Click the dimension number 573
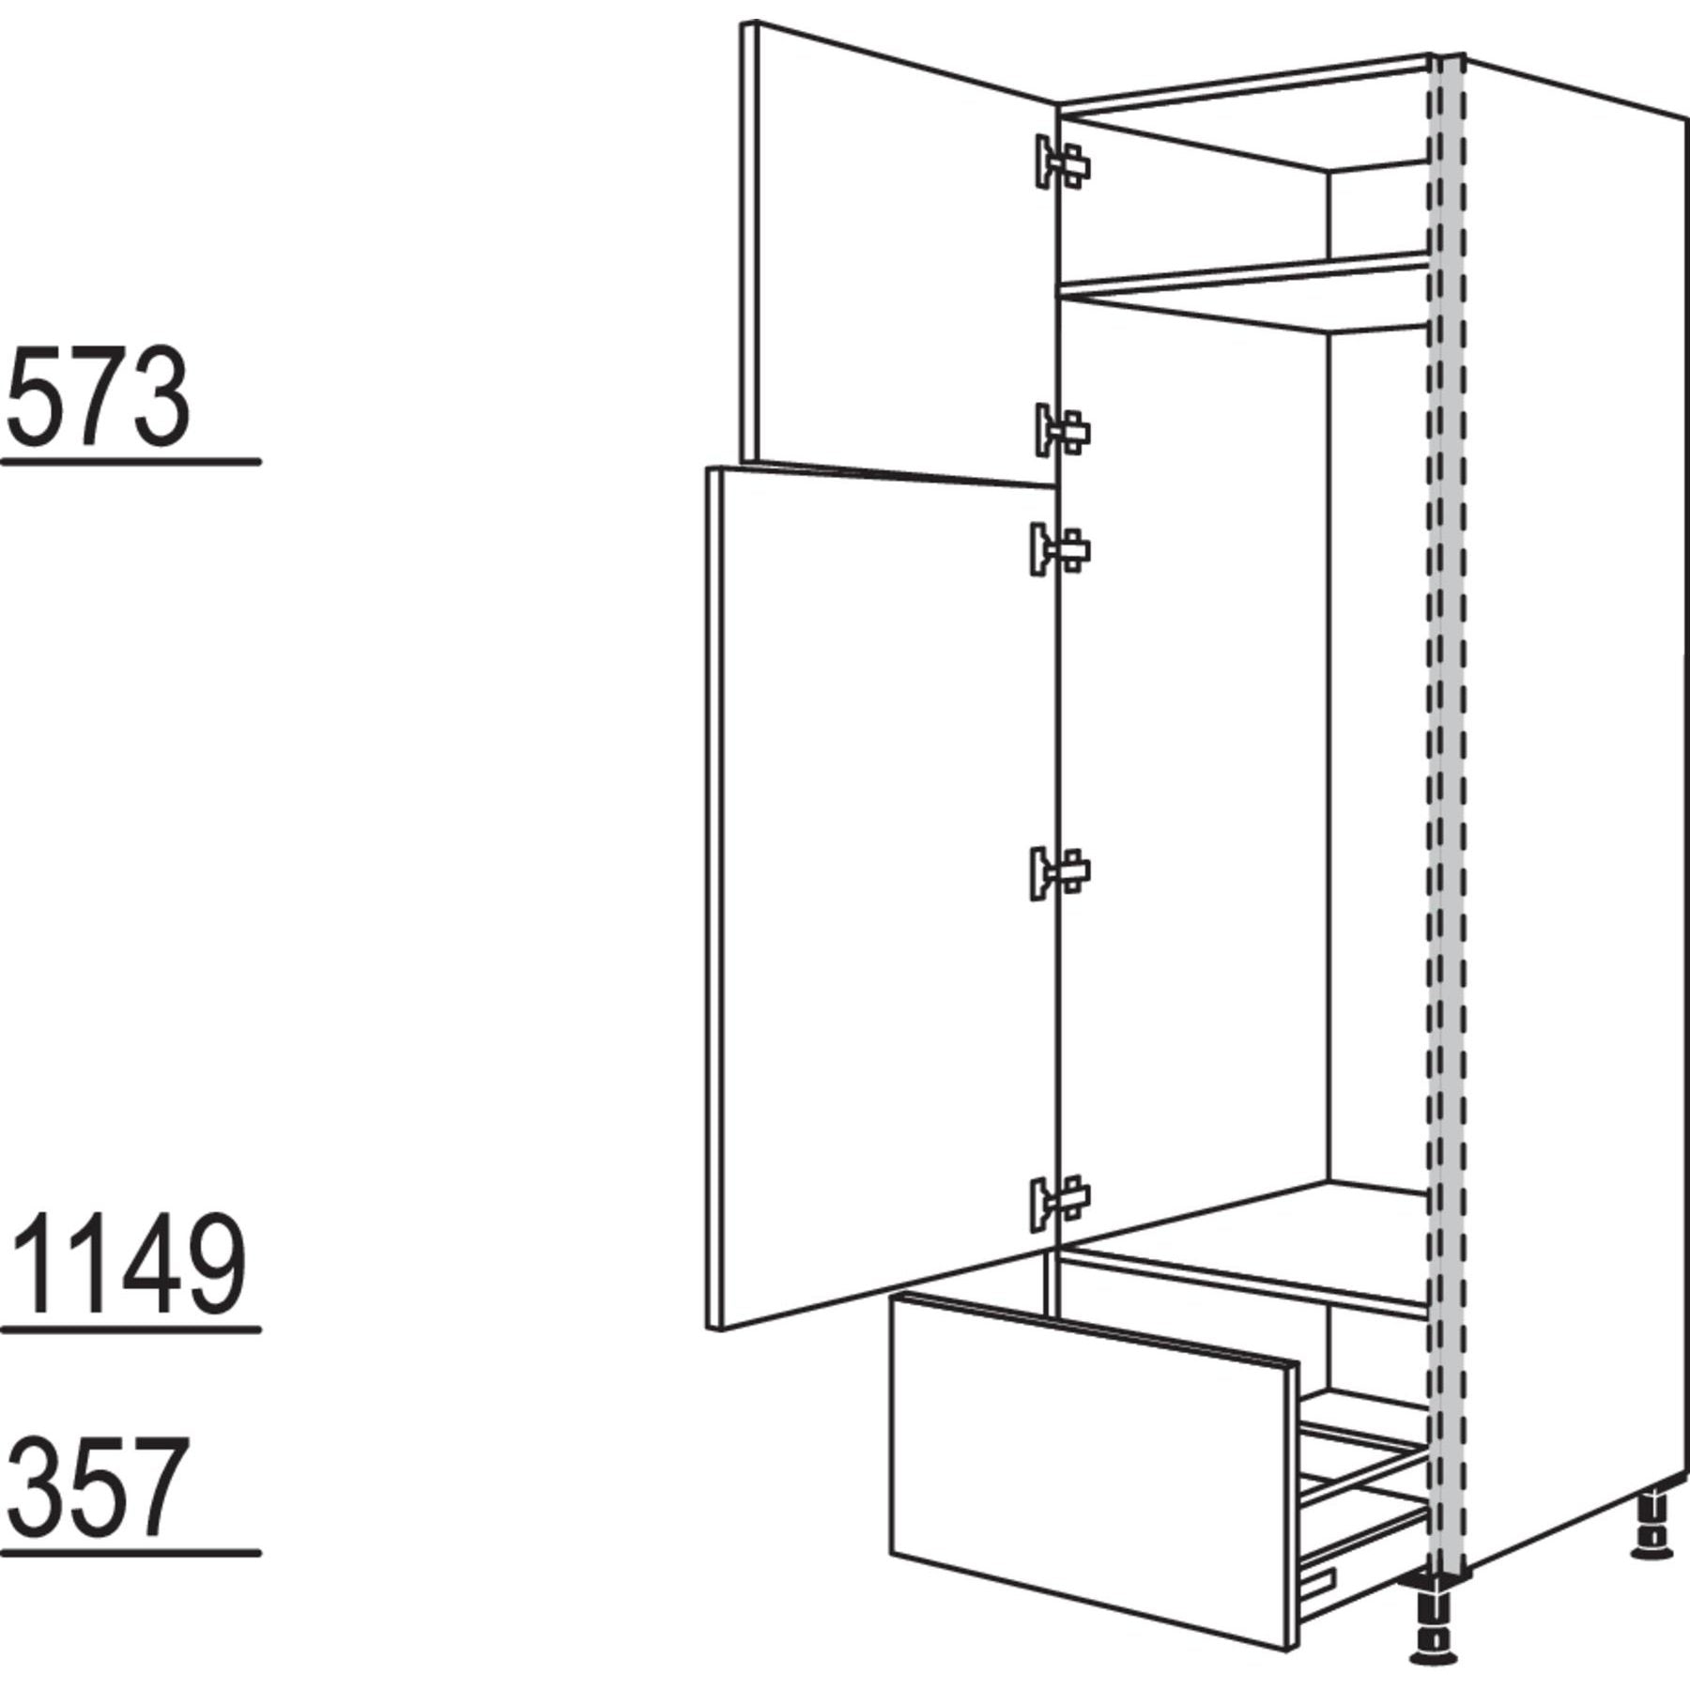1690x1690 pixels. click(x=100, y=397)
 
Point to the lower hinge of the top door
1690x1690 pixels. click(x=1063, y=430)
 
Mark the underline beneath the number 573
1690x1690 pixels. click(x=131, y=462)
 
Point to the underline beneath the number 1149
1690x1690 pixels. click(x=131, y=1329)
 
